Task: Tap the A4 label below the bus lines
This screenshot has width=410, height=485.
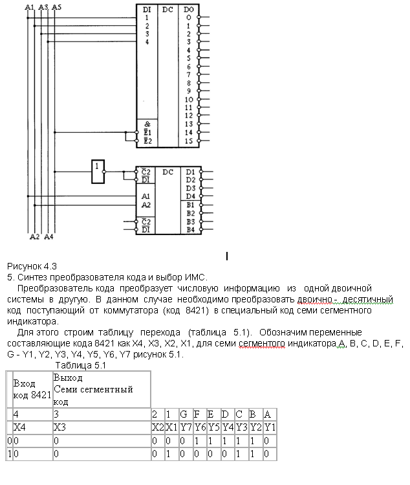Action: (49, 236)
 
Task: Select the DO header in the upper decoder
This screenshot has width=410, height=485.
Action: (188, 9)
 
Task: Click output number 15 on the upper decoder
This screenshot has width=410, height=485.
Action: (188, 140)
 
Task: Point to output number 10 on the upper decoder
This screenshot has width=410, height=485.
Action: (188, 99)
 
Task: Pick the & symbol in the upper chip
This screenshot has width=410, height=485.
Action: (147, 124)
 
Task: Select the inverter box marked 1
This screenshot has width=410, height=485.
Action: (98, 167)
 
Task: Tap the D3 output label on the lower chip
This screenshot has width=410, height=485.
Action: (190, 188)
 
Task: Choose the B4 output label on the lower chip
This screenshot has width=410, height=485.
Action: (190, 229)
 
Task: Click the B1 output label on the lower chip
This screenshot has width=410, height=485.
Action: (190, 205)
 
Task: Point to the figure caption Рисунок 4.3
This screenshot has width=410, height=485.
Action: (32, 266)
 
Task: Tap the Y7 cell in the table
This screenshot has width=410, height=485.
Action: (184, 427)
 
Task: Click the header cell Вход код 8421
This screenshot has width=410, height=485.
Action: (32, 389)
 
